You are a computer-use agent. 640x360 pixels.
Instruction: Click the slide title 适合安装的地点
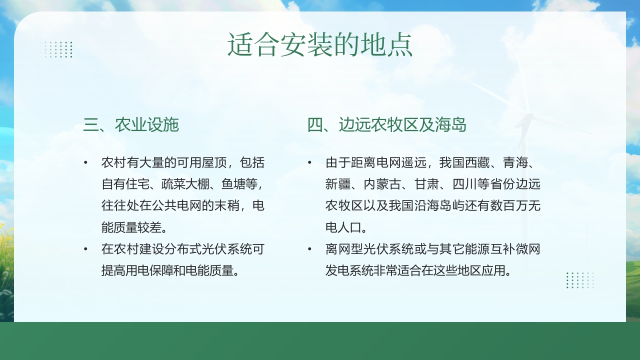coord(320,45)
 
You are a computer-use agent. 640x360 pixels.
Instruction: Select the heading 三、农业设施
coord(131,125)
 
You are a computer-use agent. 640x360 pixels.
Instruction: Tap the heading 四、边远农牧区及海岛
coord(386,125)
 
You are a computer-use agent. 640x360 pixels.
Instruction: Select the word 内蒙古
coord(383,184)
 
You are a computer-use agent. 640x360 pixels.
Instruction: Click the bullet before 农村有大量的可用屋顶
coord(85,163)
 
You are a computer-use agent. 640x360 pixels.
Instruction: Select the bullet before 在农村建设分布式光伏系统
coord(85,249)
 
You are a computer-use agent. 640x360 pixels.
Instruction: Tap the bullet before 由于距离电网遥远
coord(309,163)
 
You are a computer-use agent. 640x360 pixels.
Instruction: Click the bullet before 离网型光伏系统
coord(309,249)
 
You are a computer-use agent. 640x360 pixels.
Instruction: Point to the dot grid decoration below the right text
coord(580,280)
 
